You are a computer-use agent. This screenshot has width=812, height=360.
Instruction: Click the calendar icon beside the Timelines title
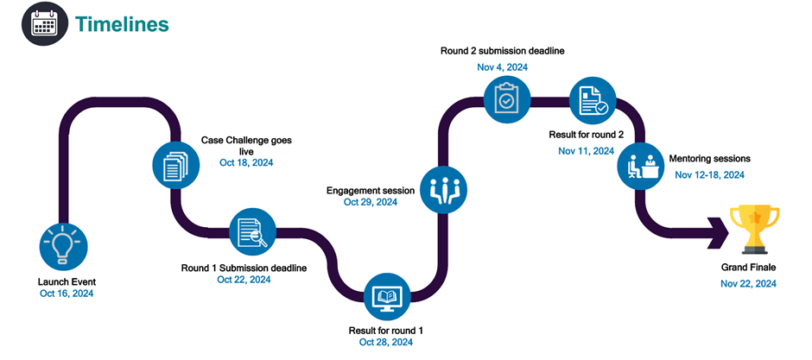pos(43,23)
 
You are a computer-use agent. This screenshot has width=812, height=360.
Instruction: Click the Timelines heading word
pos(121,24)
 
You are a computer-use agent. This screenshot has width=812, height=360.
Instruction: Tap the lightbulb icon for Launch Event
pos(65,244)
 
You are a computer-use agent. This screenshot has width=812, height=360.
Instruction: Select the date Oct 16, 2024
pos(67,294)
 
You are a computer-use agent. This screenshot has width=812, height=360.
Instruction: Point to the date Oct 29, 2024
pos(371,202)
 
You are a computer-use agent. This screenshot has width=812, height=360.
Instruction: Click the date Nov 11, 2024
pos(586,150)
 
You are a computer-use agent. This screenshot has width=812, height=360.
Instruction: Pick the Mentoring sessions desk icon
pos(640,166)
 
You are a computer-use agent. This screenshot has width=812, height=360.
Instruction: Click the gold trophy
pos(749,226)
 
